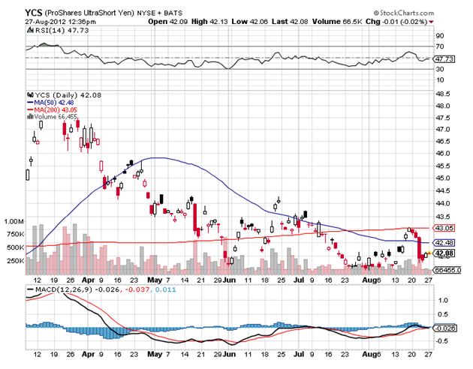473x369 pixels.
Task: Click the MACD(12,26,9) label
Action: (x=61, y=289)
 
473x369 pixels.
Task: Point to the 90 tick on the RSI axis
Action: (x=440, y=35)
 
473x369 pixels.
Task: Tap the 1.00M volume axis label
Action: (x=14, y=222)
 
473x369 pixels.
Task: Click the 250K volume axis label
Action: (x=14, y=260)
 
